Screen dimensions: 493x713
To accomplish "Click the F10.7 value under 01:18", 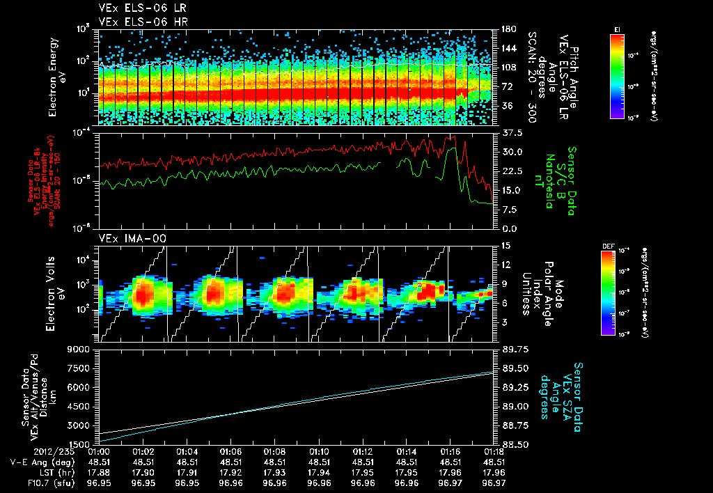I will click(494, 482).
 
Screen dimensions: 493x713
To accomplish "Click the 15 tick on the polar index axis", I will click(503, 245).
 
